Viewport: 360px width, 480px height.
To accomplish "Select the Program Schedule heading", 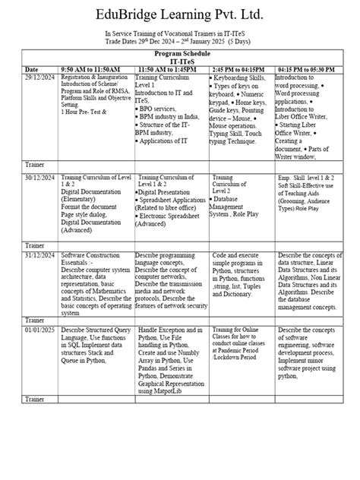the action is click(180, 55).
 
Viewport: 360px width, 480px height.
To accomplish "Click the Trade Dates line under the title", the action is click(180, 43).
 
